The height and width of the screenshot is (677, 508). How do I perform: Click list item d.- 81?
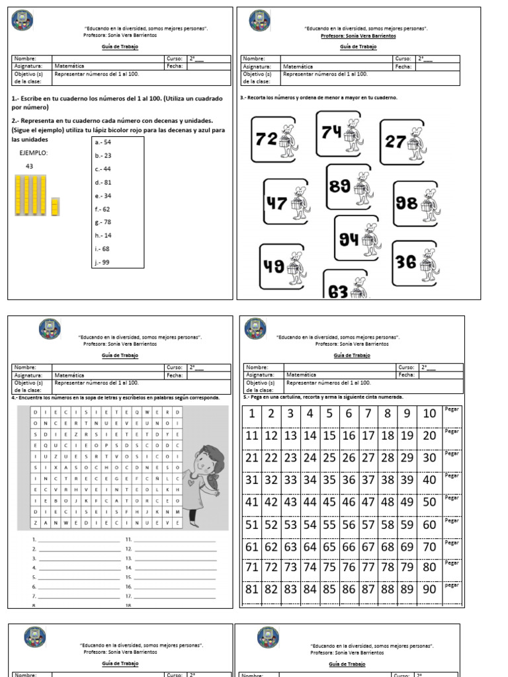point(103,182)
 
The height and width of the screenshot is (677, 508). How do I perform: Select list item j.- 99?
point(103,262)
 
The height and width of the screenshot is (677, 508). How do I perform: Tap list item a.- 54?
point(103,142)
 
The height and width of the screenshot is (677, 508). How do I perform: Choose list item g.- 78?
point(103,222)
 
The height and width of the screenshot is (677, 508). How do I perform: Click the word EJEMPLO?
point(34,153)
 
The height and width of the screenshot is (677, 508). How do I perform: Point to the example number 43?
point(29,166)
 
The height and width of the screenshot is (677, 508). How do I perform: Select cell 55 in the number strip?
point(329,525)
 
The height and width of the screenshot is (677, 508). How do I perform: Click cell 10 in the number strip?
point(429,414)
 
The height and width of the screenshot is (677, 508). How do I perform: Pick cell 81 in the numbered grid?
point(251,589)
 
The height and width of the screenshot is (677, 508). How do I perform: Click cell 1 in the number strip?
point(251,414)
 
